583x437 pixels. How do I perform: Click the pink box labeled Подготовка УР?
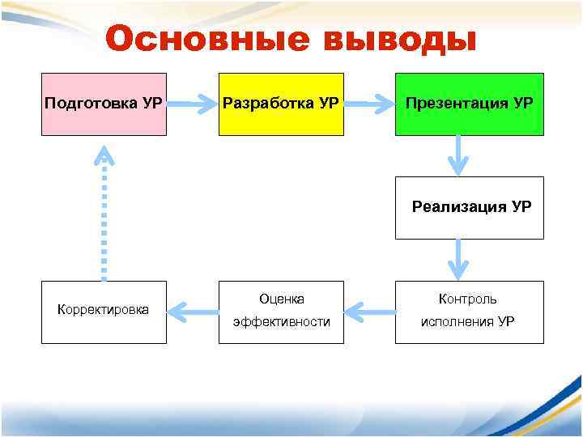point(104,104)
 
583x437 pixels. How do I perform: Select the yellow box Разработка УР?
point(281,104)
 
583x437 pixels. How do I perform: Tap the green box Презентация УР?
point(469,104)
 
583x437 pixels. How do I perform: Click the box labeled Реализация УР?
point(469,207)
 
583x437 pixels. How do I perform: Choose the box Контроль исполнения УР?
point(469,312)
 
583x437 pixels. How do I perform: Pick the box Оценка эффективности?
point(281,312)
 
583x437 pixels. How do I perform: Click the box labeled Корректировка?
point(104,312)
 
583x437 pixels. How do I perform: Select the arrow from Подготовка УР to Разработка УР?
point(193,104)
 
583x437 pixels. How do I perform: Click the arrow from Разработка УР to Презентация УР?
point(369,104)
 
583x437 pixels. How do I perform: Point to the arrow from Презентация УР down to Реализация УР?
point(459,155)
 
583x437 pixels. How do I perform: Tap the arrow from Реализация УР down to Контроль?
point(459,260)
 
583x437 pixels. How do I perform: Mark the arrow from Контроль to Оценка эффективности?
point(369,309)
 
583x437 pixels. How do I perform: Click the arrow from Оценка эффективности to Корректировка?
point(193,309)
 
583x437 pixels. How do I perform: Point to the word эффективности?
point(281,322)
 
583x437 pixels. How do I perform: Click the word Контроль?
point(468,299)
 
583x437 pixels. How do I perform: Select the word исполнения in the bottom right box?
point(457,322)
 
